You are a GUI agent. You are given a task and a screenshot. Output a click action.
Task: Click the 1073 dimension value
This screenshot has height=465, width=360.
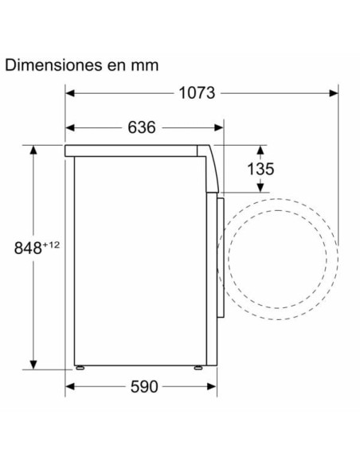[197, 92]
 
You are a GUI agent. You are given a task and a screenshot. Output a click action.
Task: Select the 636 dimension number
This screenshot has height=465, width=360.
[141, 127]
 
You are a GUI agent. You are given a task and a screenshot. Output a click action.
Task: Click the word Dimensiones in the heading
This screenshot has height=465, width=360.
[53, 64]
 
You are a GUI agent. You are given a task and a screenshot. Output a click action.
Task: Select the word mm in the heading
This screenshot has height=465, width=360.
[144, 64]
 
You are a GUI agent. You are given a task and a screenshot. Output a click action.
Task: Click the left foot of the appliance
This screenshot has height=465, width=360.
[80, 367]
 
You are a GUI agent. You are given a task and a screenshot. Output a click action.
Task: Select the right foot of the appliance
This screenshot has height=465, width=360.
[197, 367]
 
